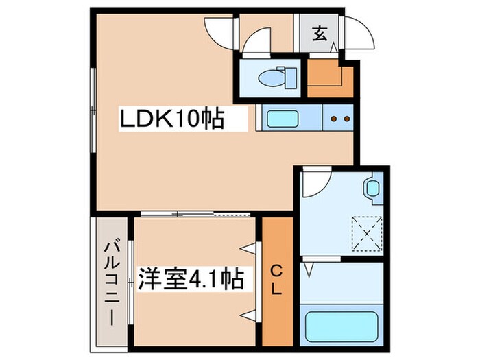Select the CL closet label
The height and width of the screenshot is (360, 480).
click(x=276, y=280)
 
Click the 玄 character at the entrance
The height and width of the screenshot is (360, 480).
click(x=320, y=32)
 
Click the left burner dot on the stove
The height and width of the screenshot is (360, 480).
click(x=334, y=119)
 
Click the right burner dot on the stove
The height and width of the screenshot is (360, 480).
click(x=346, y=119)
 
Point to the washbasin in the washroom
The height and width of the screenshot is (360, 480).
click(x=372, y=187)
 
